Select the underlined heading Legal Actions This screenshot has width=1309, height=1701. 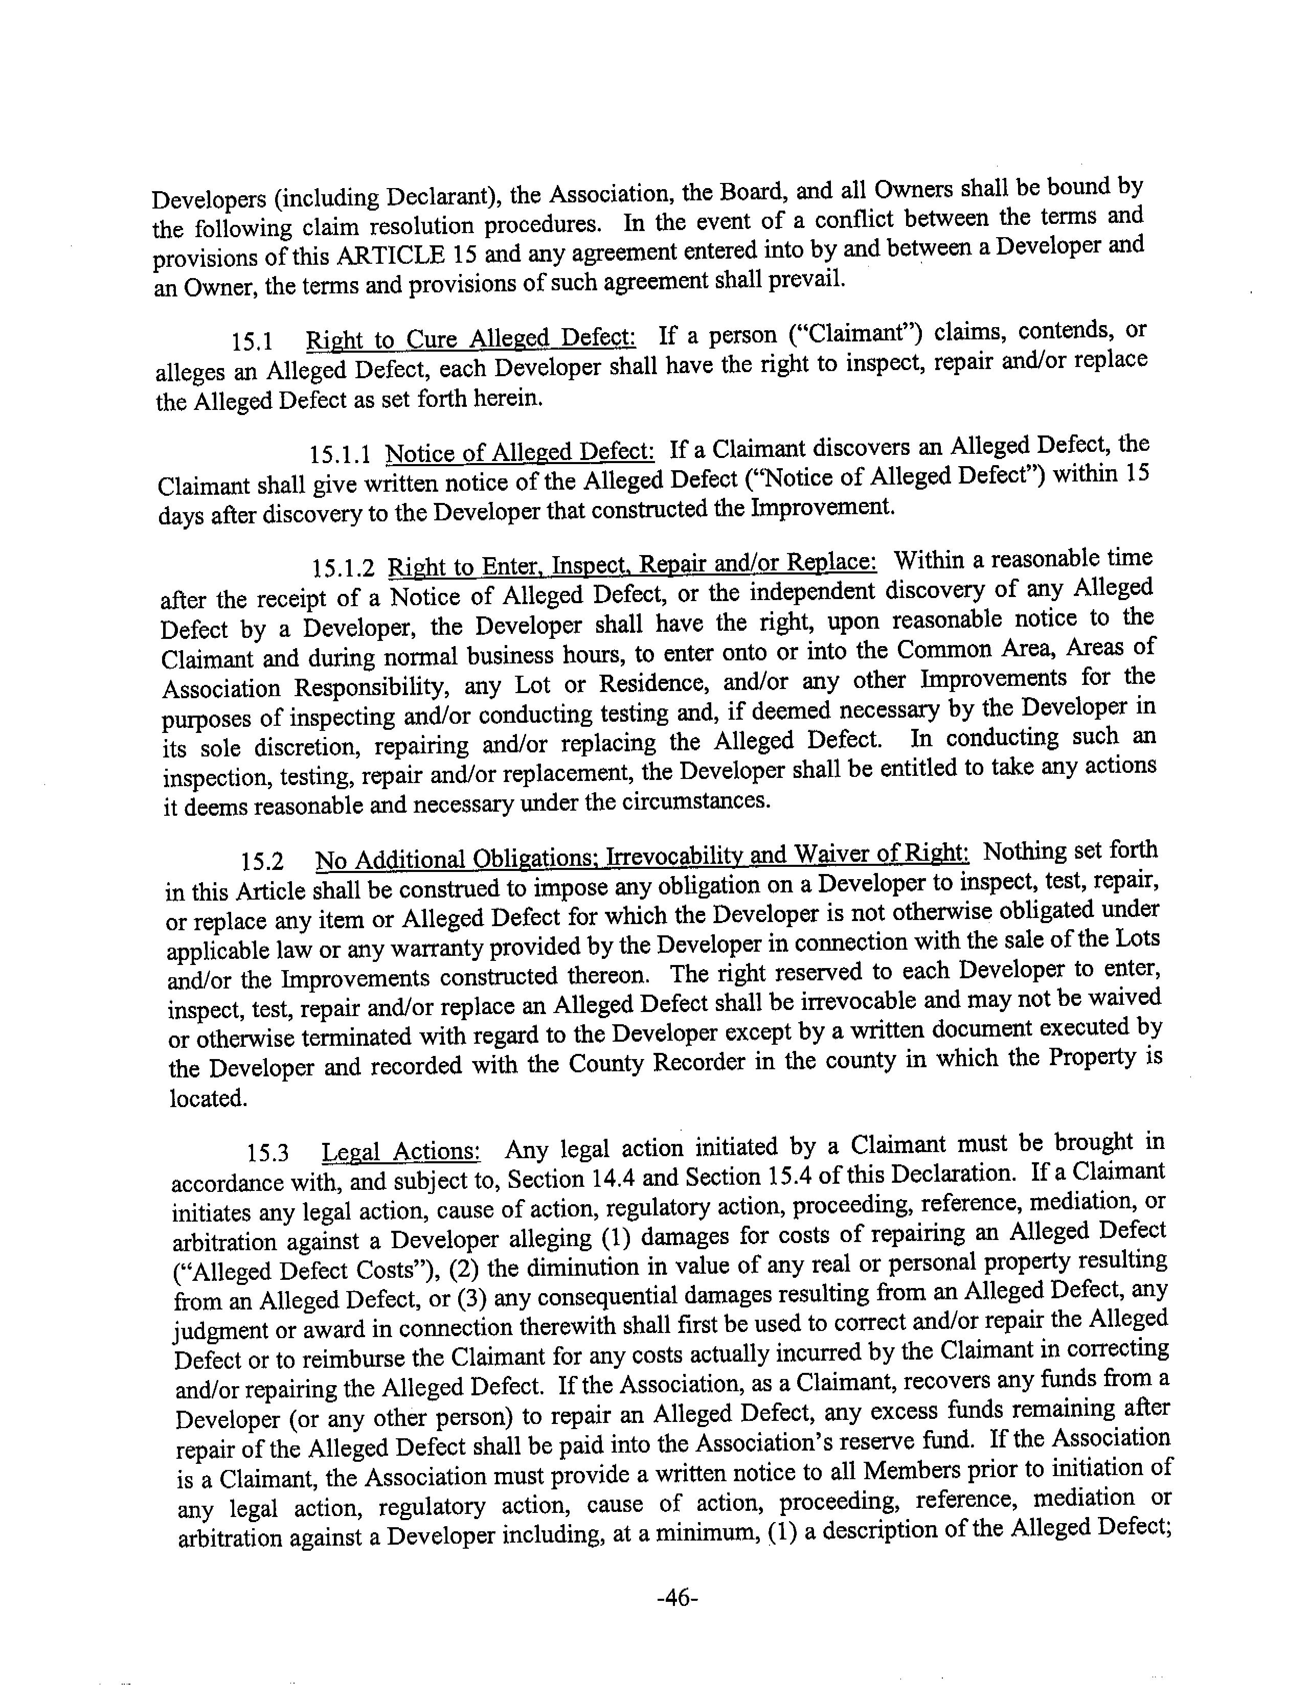(401, 1151)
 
